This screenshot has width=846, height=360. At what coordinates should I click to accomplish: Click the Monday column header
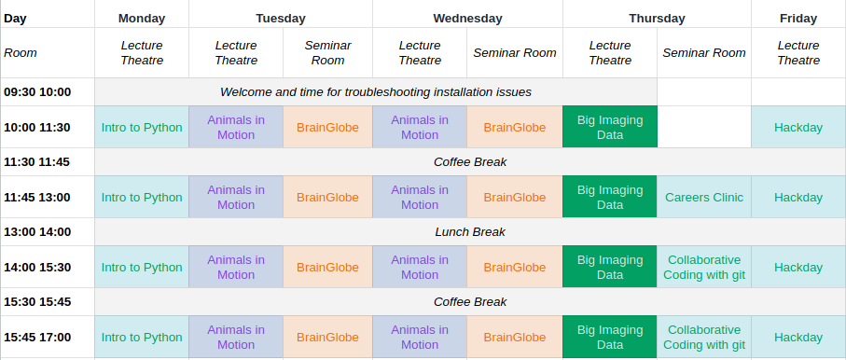tap(142, 19)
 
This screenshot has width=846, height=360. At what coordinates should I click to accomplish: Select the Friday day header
tap(798, 19)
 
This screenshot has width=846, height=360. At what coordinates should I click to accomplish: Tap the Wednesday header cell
tap(467, 19)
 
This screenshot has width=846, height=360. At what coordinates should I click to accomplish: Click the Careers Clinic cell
tap(704, 198)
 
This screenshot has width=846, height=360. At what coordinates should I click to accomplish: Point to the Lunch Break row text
tap(470, 232)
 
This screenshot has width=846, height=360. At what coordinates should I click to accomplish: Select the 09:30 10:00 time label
tap(37, 92)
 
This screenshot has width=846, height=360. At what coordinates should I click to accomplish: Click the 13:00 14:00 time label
tap(37, 232)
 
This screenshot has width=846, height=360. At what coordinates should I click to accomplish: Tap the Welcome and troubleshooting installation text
tap(376, 92)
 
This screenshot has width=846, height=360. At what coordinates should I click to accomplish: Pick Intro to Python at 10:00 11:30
tap(142, 128)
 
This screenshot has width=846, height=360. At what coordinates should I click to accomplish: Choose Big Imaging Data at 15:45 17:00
tap(610, 338)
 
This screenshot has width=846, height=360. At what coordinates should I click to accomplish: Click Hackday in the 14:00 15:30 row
tap(798, 268)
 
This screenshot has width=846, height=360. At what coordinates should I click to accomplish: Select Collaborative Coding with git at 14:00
tap(704, 268)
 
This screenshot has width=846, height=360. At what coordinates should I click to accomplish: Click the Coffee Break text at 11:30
tap(470, 162)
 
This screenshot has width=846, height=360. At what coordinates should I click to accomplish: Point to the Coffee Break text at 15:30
tap(470, 301)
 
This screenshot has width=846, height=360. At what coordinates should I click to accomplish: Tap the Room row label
tap(21, 53)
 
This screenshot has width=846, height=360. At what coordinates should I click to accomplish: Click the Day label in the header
tap(15, 19)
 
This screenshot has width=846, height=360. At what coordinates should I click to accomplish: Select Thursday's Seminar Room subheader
tap(704, 53)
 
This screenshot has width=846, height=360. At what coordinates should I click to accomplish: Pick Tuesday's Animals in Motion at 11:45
tap(236, 198)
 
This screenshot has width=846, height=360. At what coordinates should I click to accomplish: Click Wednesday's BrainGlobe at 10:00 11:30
tap(515, 128)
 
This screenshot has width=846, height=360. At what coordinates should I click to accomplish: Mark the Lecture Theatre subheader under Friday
tap(798, 53)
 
